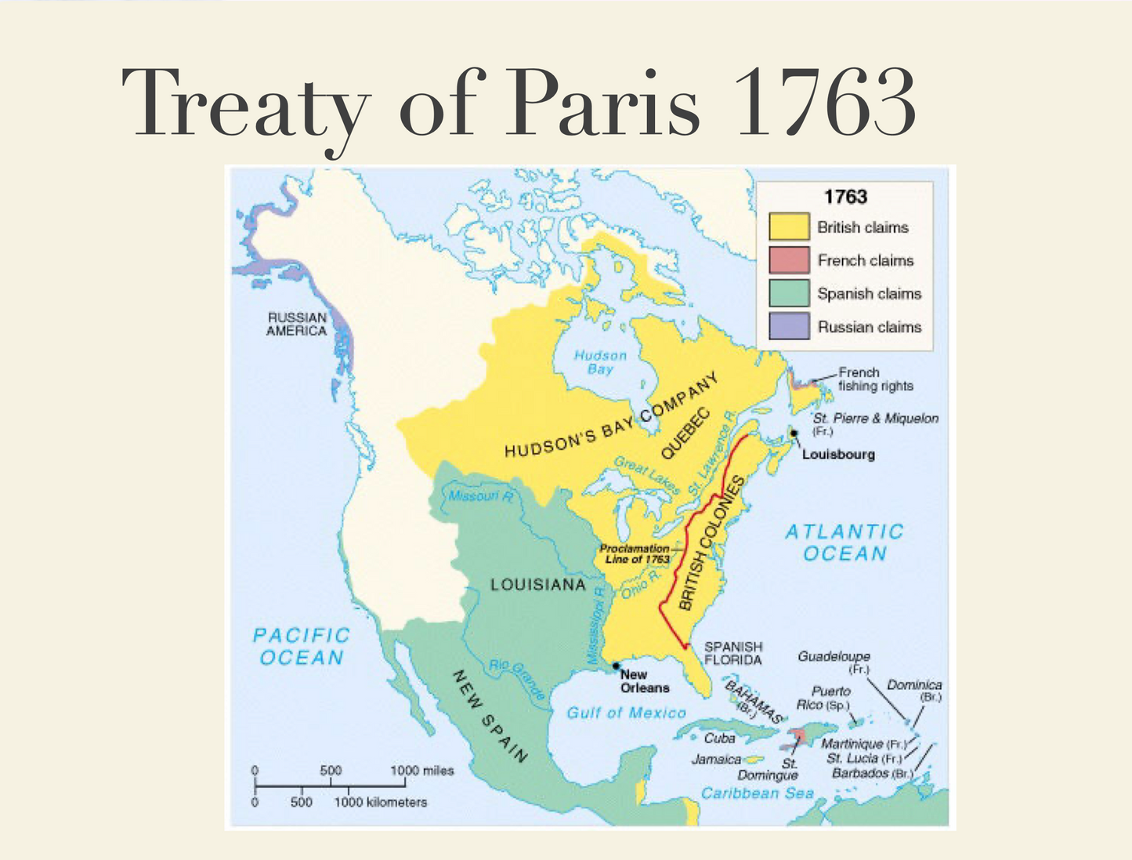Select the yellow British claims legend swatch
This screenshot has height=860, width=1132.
pyautogui.click(x=788, y=227)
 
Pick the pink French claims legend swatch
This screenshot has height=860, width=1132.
pyautogui.click(x=788, y=259)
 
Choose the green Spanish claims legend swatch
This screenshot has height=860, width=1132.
pyautogui.click(x=788, y=293)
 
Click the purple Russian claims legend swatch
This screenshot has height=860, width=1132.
pyautogui.click(x=788, y=326)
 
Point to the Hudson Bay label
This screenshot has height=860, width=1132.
pyautogui.click(x=600, y=362)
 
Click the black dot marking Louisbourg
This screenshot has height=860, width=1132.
pyautogui.click(x=794, y=433)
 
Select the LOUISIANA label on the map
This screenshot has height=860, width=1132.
pyautogui.click(x=537, y=585)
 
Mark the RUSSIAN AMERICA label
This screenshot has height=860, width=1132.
pyautogui.click(x=296, y=324)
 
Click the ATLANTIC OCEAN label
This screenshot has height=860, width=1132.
pyautogui.click(x=844, y=542)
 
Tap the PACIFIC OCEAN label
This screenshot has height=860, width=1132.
pyautogui.click(x=301, y=646)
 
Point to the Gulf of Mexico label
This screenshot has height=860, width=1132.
pyautogui.click(x=626, y=713)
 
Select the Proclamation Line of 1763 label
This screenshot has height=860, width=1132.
pyautogui.click(x=635, y=553)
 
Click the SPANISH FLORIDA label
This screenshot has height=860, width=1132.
pyautogui.click(x=732, y=653)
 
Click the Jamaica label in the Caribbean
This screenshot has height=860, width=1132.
pyautogui.click(x=716, y=759)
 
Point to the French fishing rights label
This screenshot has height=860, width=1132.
pyautogui.click(x=875, y=379)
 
